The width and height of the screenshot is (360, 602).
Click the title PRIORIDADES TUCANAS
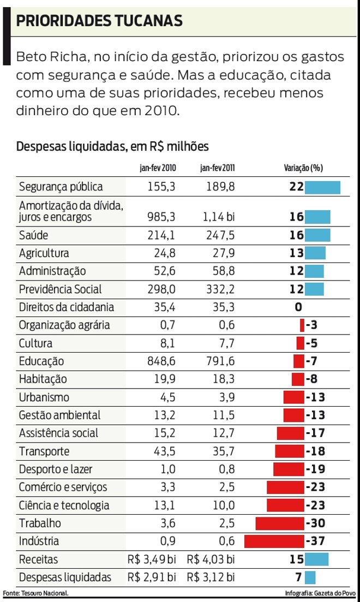[99, 21]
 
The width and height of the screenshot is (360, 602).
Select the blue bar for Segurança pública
[322, 187]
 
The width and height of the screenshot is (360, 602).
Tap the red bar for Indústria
[274, 541]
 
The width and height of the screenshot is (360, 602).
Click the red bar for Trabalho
[279, 523]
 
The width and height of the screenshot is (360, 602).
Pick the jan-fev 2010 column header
[158, 169]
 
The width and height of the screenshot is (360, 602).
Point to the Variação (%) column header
[307, 169]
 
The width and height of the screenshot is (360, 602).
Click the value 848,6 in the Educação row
[161, 361]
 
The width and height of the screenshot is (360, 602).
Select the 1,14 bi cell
[219, 217]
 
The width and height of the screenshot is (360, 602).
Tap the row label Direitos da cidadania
[67, 307]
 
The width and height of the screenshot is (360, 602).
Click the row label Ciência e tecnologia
[64, 505]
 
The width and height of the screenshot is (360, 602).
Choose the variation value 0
[298, 307]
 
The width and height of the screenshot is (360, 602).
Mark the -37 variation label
[315, 541]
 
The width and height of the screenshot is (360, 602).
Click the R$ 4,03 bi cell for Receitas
[211, 559]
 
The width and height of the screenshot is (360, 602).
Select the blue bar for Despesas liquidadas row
[310, 577]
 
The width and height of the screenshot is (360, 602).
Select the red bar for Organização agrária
[302, 326]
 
